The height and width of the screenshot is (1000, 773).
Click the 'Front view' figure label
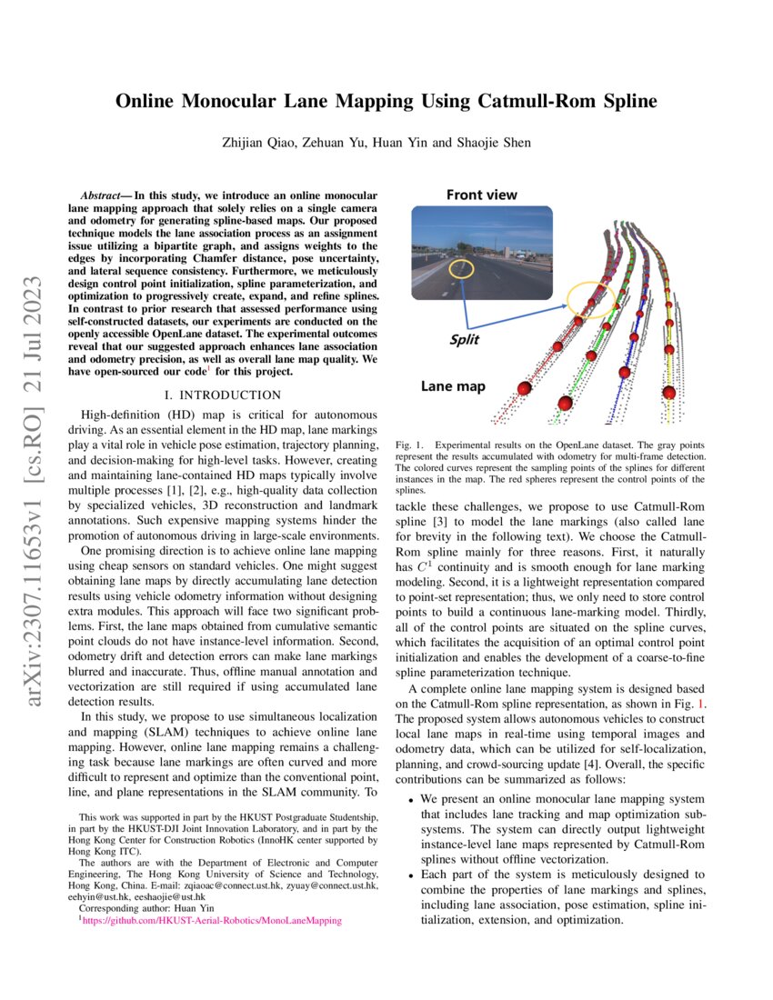pyautogui.click(x=481, y=195)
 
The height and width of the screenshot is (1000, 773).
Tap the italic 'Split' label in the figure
pyautogui.click(x=464, y=340)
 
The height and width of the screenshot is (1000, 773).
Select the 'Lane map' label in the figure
pyautogui.click(x=453, y=386)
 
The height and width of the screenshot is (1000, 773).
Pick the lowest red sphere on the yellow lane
pyautogui.click(x=670, y=393)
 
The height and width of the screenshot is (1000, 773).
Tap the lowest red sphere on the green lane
pyautogui.click(x=565, y=403)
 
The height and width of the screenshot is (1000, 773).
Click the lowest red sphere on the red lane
pyautogui.click(x=524, y=388)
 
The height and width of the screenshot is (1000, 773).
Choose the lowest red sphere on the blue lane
pyautogui.click(x=626, y=374)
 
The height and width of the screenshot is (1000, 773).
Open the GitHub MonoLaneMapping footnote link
pyautogui.click(x=211, y=920)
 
